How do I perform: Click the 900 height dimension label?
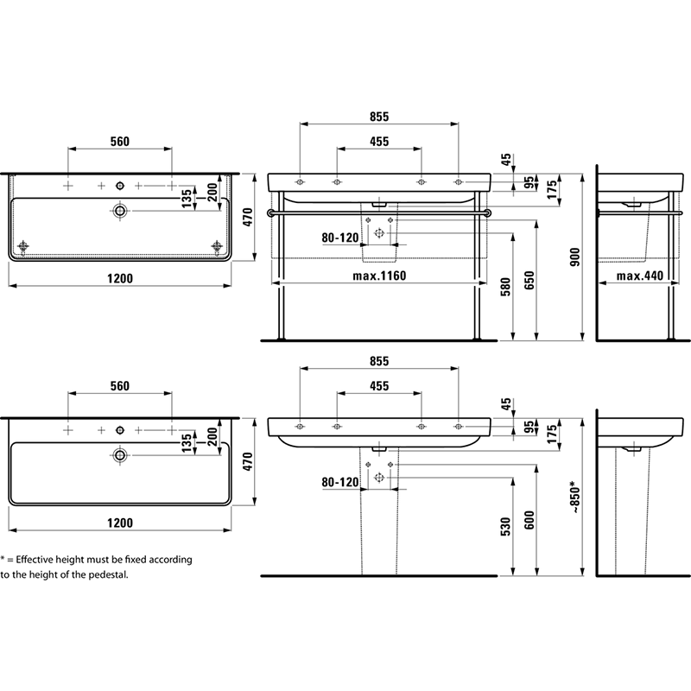pyautogui.click(x=575, y=257)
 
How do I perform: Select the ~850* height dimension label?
pyautogui.click(x=575, y=498)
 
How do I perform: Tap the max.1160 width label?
pyautogui.click(x=379, y=276)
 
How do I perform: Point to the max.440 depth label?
pyautogui.click(x=639, y=276)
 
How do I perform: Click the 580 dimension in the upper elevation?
pyautogui.click(x=505, y=287)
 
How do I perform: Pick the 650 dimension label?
pyautogui.click(x=529, y=280)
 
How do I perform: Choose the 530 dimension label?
pyautogui.click(x=505, y=527)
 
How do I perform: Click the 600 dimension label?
pyautogui.click(x=529, y=520)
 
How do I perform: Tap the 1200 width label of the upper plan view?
pyautogui.click(x=120, y=278)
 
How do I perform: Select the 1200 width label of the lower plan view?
pyautogui.click(x=120, y=523)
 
